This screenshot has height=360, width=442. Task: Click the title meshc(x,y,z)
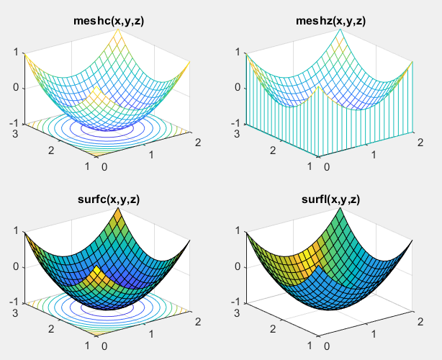click(109, 21)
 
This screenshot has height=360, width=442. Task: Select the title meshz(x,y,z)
click(330, 21)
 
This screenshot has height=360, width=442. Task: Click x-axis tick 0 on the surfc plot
click(105, 346)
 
